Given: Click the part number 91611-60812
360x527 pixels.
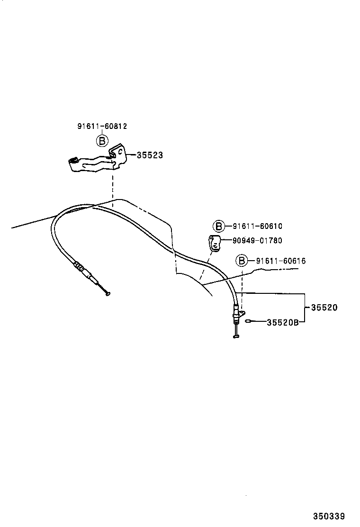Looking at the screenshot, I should tap(102, 127).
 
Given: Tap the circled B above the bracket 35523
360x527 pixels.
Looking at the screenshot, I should tap(102, 140).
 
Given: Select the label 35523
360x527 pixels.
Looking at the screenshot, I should tap(149, 155).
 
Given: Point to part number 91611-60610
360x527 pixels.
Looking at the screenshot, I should tap(257, 227).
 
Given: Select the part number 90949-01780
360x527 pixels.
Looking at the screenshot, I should tap(257, 241).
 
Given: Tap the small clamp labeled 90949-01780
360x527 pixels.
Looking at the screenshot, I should tap(215, 243).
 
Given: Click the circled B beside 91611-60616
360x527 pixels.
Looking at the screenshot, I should tap(242, 261).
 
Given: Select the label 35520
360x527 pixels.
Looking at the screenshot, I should tap(324, 308).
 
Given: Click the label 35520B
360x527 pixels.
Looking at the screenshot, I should tap(282, 323).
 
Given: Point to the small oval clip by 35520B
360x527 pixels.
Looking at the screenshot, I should tap(250, 322).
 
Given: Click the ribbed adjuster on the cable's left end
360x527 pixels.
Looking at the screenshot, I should tap(81, 269).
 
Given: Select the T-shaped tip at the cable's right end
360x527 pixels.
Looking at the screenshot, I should tap(237, 336).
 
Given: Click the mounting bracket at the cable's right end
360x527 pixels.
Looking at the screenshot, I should tap(241, 314).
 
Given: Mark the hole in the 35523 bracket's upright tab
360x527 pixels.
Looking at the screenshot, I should tap(120, 152).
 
